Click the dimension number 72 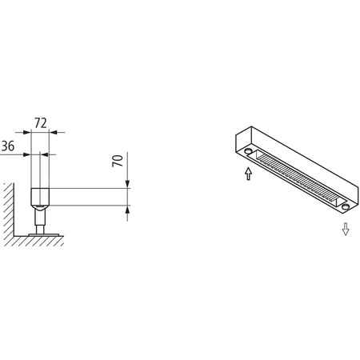[x=41, y=125]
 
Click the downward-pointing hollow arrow [x=346, y=230]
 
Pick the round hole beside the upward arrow [x=250, y=150]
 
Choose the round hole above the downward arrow [x=345, y=206]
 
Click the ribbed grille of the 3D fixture [x=297, y=178]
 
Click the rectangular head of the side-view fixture [x=40, y=196]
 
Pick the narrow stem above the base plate [x=41, y=222]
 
